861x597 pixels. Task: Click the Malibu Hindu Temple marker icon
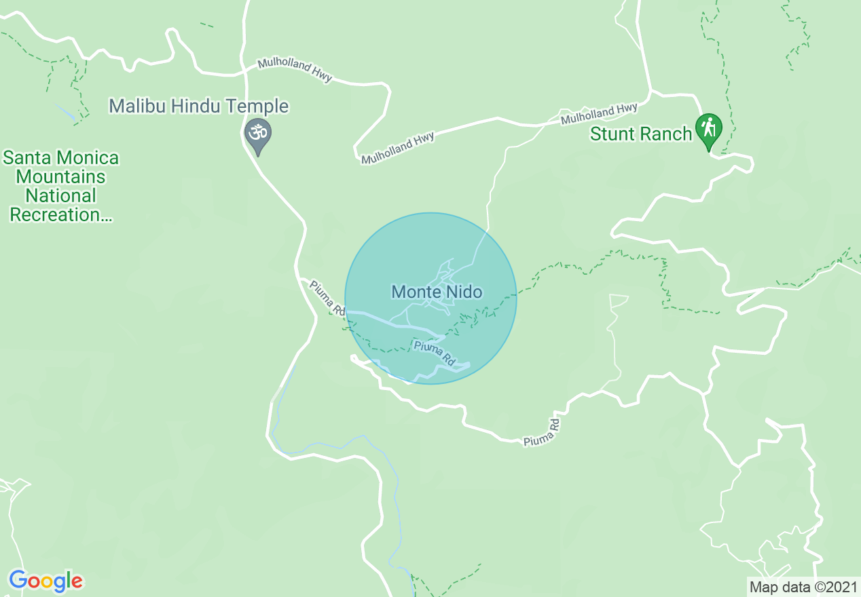tap(258, 132)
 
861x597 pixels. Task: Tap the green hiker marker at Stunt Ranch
tap(708, 128)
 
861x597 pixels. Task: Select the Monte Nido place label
tap(437, 292)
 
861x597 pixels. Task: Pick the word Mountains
tap(61, 177)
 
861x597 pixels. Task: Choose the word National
tap(61, 196)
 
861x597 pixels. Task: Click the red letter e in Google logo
tap(77, 582)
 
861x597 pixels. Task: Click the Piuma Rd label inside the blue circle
tap(435, 353)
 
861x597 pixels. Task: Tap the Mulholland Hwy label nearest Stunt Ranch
tap(599, 113)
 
